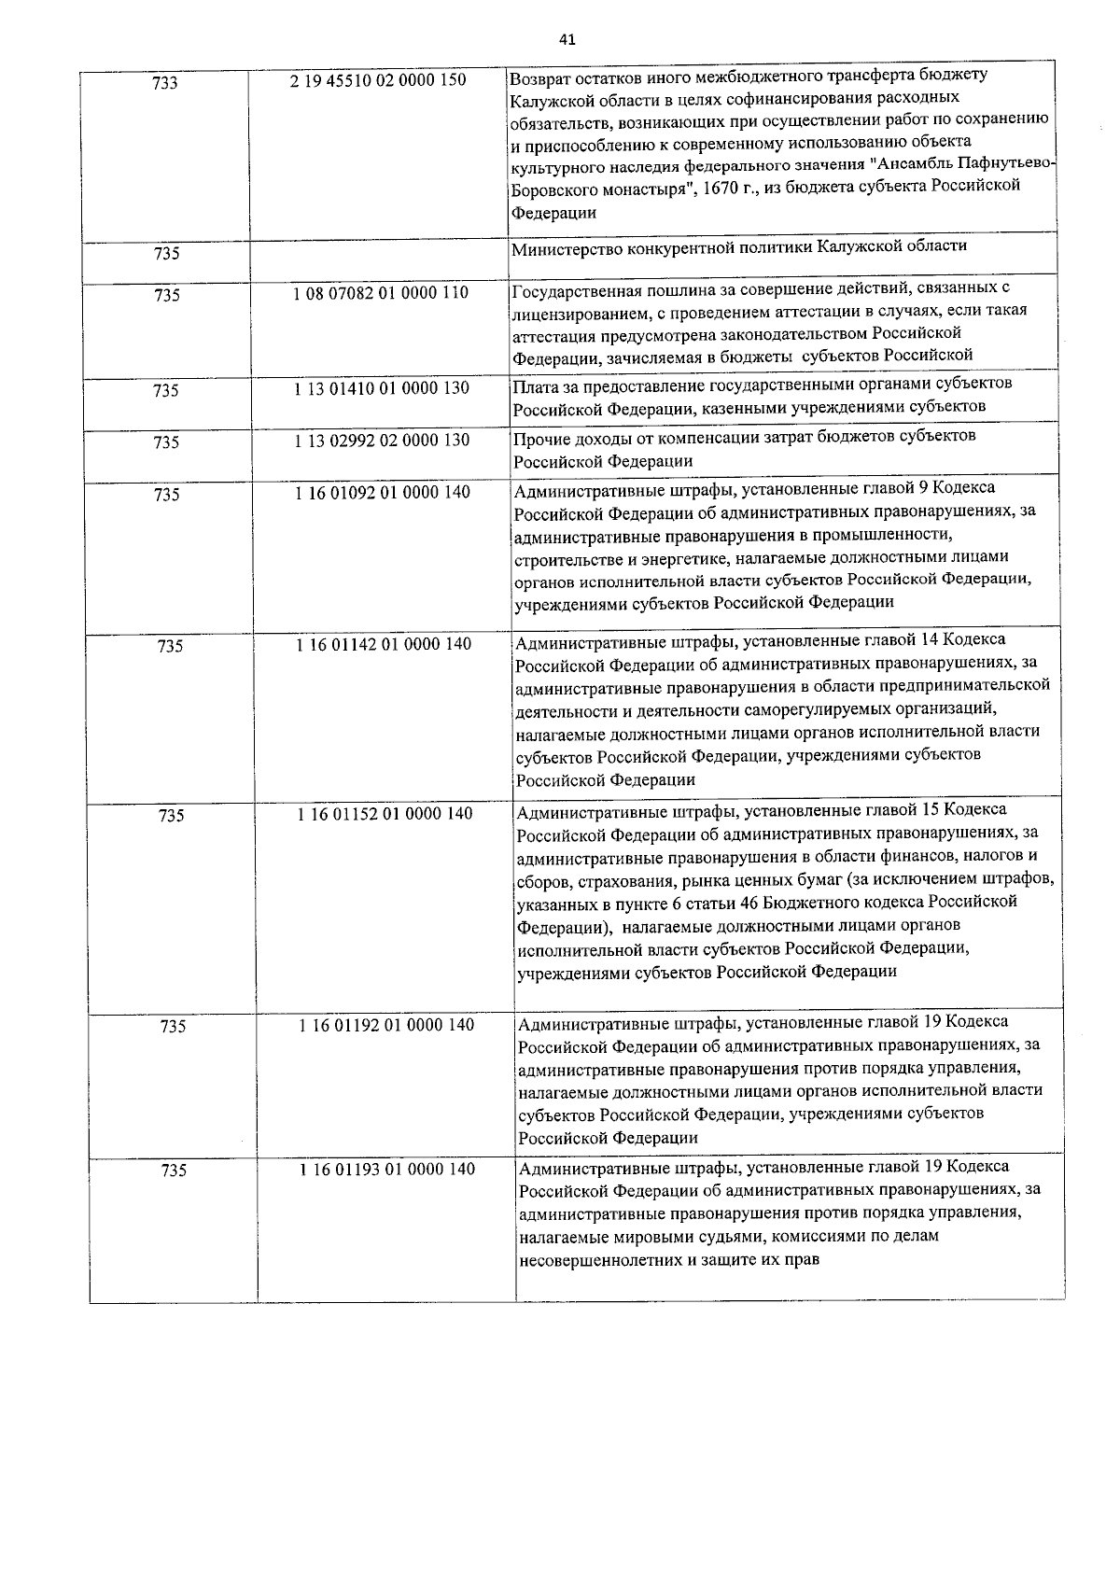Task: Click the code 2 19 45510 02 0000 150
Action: point(378,80)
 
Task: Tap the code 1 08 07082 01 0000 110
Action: point(380,293)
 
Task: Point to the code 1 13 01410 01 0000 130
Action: point(381,388)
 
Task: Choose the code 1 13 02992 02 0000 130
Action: point(381,441)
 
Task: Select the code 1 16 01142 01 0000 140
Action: point(384,644)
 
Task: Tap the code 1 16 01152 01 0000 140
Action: point(385,814)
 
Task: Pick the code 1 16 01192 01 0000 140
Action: point(386,1025)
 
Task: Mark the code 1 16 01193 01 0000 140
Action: point(386,1170)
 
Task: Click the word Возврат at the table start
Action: point(539,75)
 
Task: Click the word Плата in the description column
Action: point(534,385)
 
